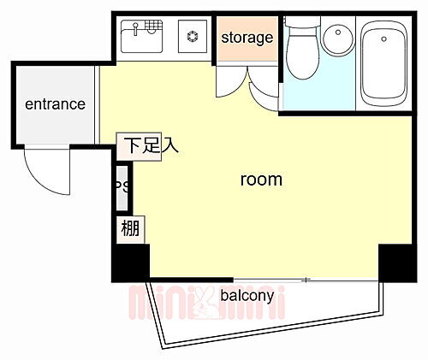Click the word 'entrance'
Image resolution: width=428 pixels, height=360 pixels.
(x=55, y=104)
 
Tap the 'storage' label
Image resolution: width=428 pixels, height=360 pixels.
(x=247, y=38)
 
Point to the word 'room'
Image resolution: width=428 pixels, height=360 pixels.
(x=260, y=180)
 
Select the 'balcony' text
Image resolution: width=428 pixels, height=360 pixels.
(x=247, y=296)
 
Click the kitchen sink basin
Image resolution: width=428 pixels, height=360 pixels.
(x=140, y=39)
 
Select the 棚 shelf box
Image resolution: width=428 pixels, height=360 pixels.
(x=130, y=228)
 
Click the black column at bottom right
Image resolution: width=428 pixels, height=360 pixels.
(x=397, y=261)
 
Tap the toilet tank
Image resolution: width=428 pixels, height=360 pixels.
(x=300, y=32)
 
